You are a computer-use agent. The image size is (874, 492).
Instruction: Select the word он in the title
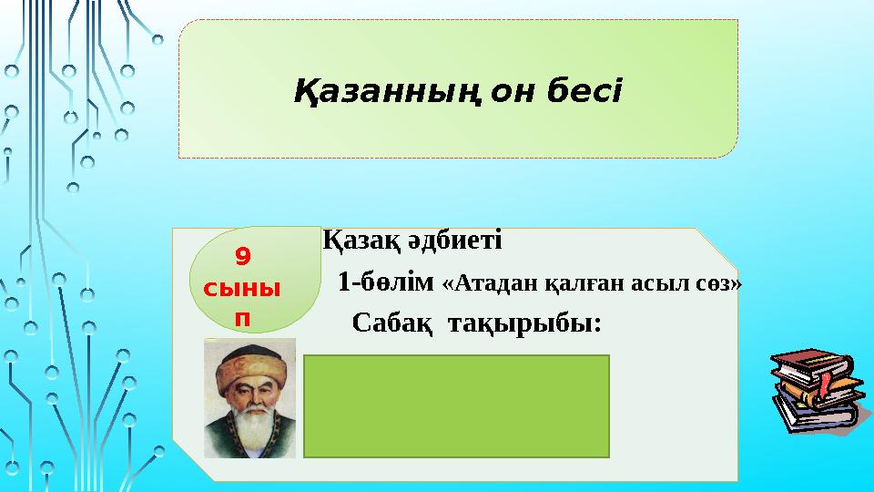[516, 91]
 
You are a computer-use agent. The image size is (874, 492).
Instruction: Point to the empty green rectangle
[456, 406]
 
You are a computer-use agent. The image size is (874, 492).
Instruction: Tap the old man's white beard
[251, 431]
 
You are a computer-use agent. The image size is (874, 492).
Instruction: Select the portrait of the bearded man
[249, 398]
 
